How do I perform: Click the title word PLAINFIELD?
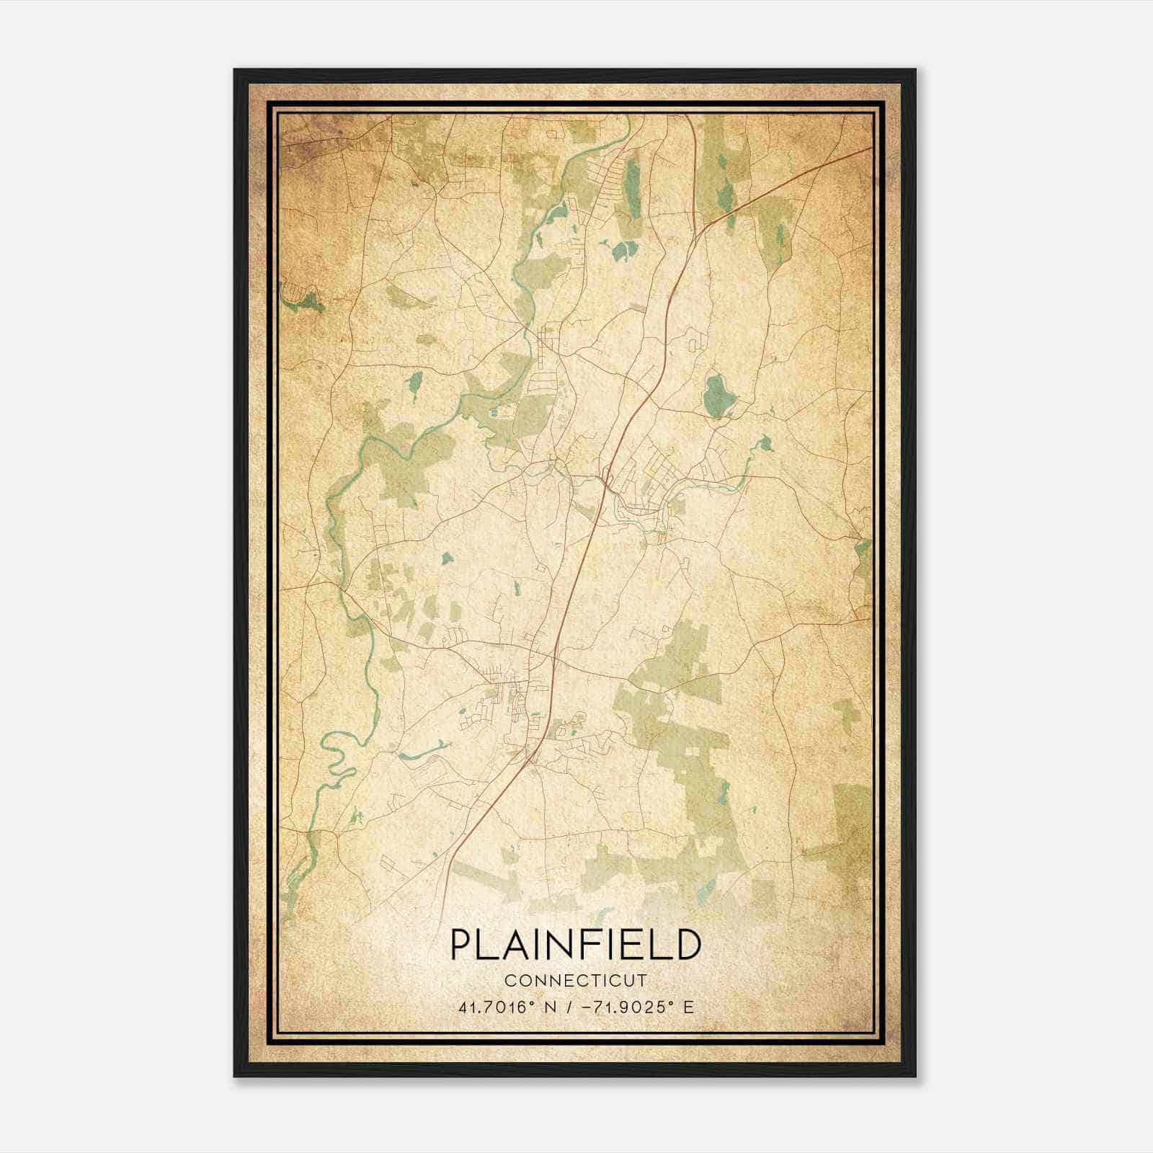pos(575,945)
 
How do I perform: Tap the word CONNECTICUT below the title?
pos(575,981)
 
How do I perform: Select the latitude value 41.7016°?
pos(497,1007)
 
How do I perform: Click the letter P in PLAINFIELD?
pos(462,945)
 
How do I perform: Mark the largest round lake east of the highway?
pos(716,396)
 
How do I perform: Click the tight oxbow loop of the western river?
pos(333,749)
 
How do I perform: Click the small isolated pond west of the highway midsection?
pos(447,558)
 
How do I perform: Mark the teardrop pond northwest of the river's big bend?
pos(415,386)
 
